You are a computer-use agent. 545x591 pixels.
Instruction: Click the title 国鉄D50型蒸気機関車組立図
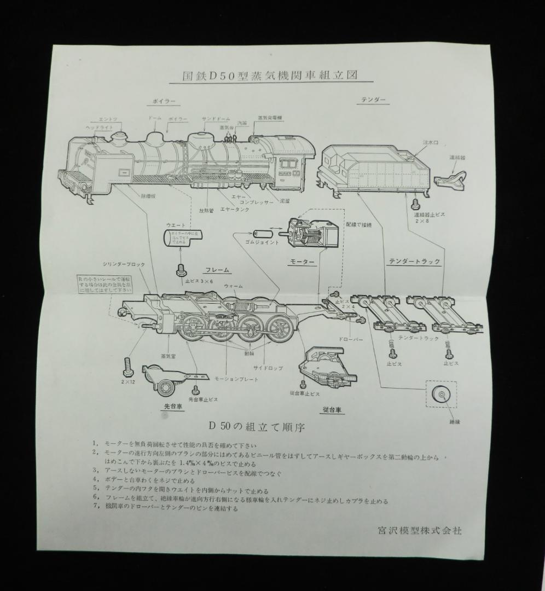tap(270, 76)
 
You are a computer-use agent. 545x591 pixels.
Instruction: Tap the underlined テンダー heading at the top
tap(374, 100)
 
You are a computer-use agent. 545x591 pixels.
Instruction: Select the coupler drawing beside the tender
tap(450, 178)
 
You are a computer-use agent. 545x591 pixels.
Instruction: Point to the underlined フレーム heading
tap(217, 270)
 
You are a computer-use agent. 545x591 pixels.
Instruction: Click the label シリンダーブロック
tap(124, 264)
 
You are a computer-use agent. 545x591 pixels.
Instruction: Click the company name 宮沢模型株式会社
tap(420, 530)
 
